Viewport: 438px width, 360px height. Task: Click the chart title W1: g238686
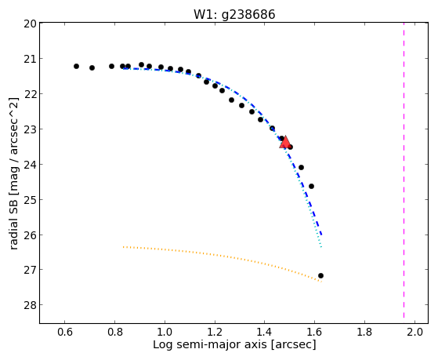(234, 14)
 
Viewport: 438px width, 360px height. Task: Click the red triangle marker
(285, 142)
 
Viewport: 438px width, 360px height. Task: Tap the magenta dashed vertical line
(404, 170)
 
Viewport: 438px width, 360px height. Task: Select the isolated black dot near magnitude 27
(320, 276)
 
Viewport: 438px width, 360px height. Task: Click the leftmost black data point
(76, 67)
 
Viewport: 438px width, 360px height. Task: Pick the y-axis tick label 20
(30, 24)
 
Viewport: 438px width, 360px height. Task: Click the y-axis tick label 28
(30, 305)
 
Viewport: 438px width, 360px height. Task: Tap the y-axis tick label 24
(30, 165)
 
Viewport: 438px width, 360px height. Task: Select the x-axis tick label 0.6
(65, 333)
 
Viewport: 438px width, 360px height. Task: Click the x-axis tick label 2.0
(414, 333)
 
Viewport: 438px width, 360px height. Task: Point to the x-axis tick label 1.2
(215, 333)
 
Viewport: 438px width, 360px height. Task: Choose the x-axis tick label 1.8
(365, 333)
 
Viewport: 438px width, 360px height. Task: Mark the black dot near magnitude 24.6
(312, 187)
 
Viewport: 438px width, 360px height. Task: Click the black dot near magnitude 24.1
(301, 168)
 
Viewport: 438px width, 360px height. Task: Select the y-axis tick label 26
(30, 235)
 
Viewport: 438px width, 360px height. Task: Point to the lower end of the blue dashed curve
(322, 235)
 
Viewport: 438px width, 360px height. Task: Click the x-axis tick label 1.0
(165, 333)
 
